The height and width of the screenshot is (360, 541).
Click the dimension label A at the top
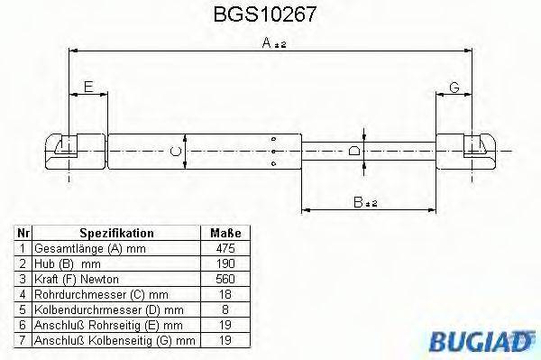[x=268, y=42]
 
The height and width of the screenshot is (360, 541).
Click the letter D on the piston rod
[x=354, y=150]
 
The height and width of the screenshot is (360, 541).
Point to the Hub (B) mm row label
[x=67, y=263]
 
